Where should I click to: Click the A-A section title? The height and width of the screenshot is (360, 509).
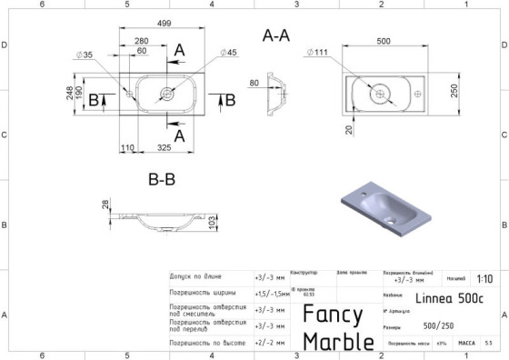click(275, 36)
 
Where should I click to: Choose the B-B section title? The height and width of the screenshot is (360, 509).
click(162, 180)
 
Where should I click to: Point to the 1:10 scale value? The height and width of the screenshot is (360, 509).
click(485, 279)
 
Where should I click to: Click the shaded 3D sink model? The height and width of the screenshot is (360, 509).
click(380, 210)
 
